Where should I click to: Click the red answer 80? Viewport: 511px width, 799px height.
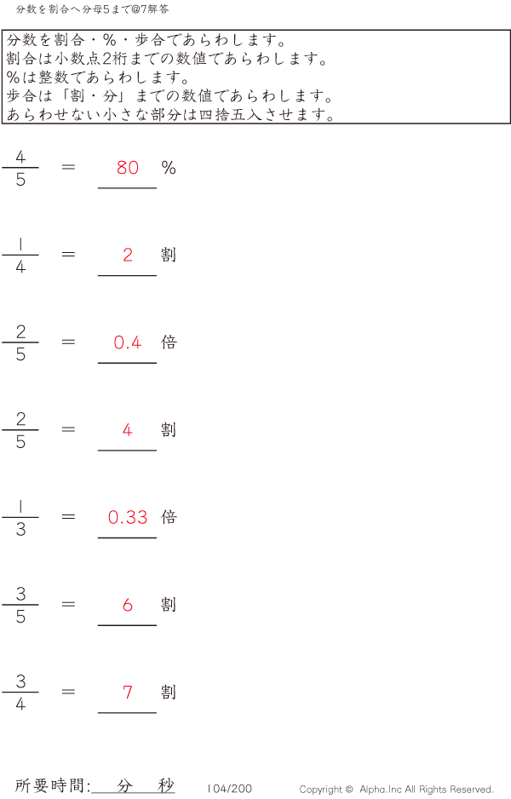128,168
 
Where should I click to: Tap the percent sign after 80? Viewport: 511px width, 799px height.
169,168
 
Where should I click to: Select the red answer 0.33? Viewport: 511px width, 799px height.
128,517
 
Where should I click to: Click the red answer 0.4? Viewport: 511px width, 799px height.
128,342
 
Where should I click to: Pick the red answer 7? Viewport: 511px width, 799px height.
128,692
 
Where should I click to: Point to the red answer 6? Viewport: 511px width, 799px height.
128,605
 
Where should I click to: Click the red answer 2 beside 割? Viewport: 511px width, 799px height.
128,255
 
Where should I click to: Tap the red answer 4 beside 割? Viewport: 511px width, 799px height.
128,430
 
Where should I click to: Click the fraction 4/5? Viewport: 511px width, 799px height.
20,168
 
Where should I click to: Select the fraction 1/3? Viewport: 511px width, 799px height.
20,517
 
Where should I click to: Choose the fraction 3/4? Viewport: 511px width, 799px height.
20,692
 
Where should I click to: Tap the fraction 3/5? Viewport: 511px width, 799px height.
20,605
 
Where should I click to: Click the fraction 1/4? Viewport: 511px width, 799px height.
20,255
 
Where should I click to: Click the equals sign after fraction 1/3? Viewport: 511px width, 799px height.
69,517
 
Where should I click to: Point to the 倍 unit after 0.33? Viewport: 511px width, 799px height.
169,517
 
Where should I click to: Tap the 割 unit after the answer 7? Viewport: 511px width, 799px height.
169,692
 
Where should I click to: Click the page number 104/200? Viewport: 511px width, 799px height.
230,789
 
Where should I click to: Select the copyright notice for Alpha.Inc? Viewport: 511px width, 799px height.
396,790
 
